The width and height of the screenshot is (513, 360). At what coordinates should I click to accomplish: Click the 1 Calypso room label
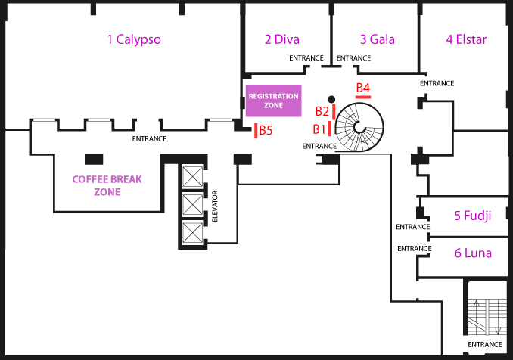(134, 39)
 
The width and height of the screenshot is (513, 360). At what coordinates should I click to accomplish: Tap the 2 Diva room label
(282, 39)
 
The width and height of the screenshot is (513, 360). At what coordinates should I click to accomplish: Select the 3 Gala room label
(378, 39)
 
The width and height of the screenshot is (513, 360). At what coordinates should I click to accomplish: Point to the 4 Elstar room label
(466, 39)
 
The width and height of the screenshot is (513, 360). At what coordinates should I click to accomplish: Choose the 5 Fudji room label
(473, 216)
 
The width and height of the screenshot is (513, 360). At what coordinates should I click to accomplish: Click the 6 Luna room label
(473, 253)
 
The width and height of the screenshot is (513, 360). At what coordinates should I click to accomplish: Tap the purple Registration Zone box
(273, 101)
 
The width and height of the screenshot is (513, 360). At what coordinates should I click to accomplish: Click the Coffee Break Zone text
(107, 185)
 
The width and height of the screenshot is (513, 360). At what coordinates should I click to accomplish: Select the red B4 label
(363, 88)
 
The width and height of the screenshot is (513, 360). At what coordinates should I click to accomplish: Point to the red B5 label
(266, 130)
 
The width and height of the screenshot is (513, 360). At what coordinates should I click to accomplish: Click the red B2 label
(322, 111)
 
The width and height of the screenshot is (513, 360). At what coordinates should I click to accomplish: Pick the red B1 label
(319, 129)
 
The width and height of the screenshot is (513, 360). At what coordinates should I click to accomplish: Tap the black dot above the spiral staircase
(331, 99)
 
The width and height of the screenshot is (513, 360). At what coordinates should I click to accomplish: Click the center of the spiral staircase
(359, 127)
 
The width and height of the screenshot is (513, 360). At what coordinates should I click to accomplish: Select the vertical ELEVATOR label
(215, 206)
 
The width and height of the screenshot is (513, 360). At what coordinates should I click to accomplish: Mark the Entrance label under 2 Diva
(306, 58)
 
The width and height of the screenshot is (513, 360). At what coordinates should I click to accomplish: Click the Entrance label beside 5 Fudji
(413, 227)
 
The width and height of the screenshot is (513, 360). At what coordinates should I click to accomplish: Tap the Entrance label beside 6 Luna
(415, 249)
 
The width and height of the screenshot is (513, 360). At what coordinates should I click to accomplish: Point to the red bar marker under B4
(363, 97)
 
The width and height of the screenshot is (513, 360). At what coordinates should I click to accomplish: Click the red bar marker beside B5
(256, 131)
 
